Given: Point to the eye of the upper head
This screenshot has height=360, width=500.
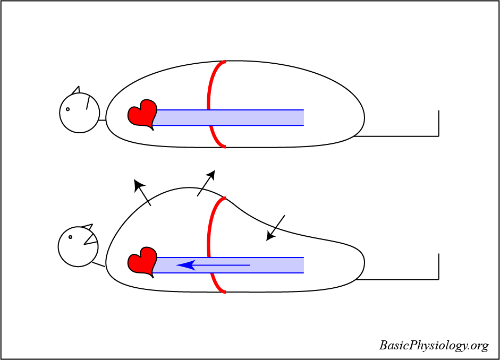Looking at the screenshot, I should click(68, 109).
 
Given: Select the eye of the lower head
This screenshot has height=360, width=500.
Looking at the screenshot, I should click(70, 237).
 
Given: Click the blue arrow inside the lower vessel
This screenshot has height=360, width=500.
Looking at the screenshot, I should click(213, 264).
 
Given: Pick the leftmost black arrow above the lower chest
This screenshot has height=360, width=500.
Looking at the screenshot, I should click(142, 192).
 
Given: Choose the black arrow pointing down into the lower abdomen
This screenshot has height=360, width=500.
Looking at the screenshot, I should click(276, 228).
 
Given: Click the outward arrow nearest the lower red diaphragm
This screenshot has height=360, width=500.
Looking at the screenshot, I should click(206, 183).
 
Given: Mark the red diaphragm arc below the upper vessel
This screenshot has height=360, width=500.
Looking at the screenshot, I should click(217, 137).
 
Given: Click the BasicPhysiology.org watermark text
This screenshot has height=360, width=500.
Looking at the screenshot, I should click(434, 346).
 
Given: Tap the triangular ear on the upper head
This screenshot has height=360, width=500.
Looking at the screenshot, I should click(76, 90).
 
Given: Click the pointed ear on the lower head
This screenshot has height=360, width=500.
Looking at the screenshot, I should click(88, 228).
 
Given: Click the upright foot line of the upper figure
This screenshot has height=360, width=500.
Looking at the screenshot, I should click(438, 123).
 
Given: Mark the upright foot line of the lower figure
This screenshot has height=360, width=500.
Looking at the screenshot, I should click(438, 266).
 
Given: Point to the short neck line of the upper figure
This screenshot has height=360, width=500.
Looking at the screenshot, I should click(102, 120).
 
